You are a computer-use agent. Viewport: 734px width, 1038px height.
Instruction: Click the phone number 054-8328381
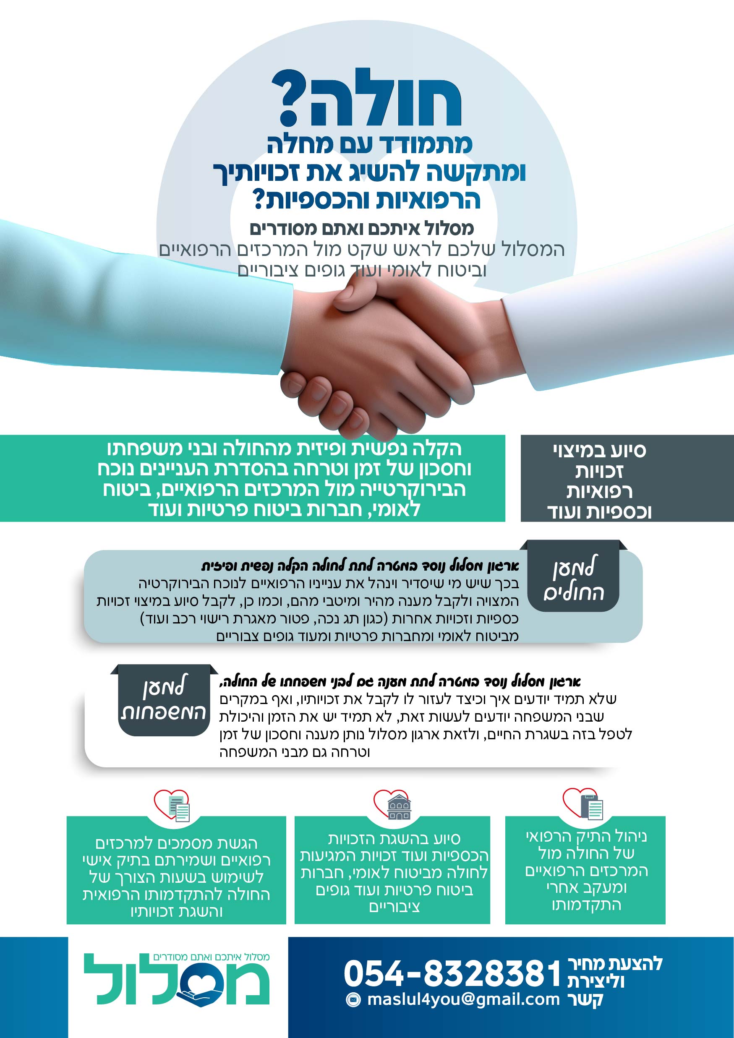pyautogui.click(x=453, y=973)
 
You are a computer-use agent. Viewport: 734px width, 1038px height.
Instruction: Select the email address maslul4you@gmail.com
pyautogui.click(x=464, y=999)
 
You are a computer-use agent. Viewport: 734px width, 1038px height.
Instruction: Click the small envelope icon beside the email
pyautogui.click(x=353, y=999)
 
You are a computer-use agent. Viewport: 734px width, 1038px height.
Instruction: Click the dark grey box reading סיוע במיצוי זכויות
pyautogui.click(x=627, y=478)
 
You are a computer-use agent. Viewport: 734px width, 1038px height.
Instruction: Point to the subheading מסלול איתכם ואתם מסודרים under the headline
pyautogui.click(x=362, y=229)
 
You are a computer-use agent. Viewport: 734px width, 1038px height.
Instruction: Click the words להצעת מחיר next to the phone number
pyautogui.click(x=615, y=963)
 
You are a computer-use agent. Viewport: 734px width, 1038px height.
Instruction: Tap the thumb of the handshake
pyautogui.click(x=357, y=296)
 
